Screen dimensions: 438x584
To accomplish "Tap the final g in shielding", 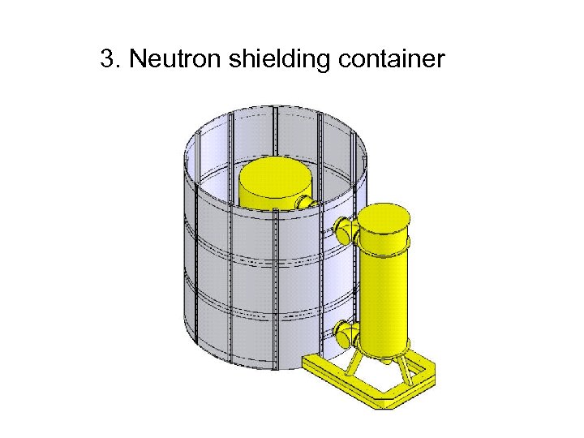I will coord(322,63).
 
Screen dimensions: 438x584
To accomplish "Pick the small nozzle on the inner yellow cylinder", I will coord(305,201).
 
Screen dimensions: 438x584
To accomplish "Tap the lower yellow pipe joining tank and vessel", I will coord(345,332).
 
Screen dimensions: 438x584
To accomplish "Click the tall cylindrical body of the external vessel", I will coord(384,292).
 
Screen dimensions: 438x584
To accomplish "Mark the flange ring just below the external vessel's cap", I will coord(384,240).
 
